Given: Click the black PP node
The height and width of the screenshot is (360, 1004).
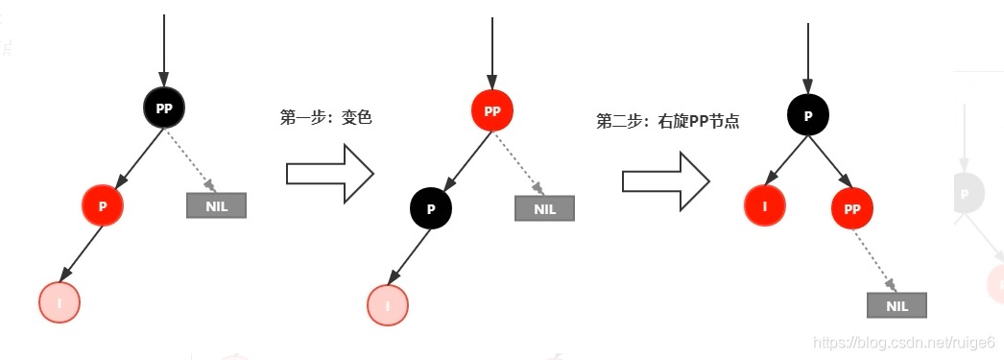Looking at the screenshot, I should tap(164, 108).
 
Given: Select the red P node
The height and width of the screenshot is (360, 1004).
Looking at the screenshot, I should tap(103, 205).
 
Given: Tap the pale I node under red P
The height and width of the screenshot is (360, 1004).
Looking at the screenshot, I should tap(60, 303).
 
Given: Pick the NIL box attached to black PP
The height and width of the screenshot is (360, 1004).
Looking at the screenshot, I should tap(216, 205).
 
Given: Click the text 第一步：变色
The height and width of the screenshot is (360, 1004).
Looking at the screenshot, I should tap(325, 118).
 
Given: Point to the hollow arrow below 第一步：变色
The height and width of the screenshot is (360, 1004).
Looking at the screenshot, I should tap(329, 174).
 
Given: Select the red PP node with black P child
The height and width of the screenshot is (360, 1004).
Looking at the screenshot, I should tap(492, 111).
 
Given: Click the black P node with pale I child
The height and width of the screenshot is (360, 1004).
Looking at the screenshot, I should tap(431, 207).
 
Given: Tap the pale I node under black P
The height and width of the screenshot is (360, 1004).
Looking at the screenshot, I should tap(388, 305).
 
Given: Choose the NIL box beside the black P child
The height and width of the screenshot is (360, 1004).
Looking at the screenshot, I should tap(544, 208).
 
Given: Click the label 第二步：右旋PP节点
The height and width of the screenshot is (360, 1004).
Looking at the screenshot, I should tap(667, 122).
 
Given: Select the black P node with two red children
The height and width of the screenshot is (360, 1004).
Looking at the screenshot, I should tap(808, 115).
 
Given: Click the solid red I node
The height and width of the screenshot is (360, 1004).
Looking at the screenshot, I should tap(765, 205).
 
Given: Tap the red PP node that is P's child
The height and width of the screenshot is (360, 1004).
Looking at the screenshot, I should tap(852, 207).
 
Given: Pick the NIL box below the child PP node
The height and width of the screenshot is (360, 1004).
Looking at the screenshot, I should tap(896, 305).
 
